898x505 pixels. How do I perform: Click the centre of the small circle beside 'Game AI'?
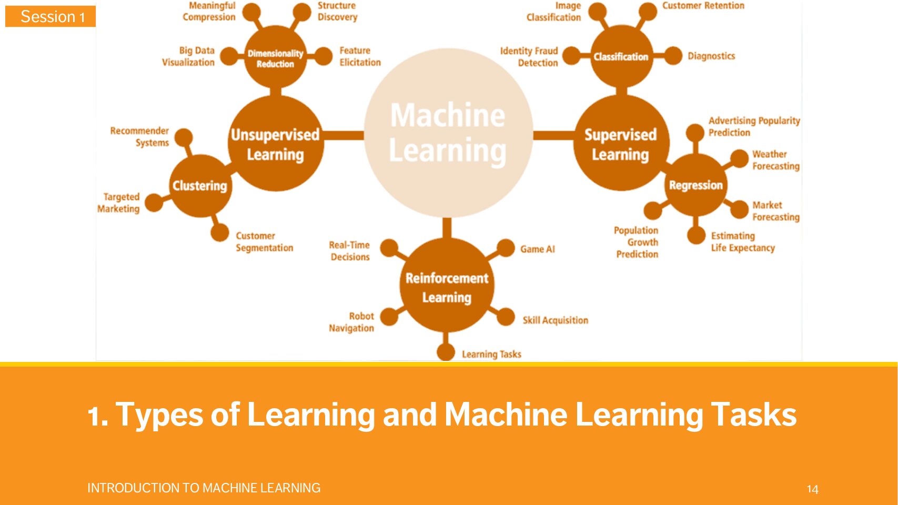coord(506,248)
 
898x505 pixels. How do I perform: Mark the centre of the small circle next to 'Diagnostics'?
coord(673,56)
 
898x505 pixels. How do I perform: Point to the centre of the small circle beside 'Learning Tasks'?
coord(446,352)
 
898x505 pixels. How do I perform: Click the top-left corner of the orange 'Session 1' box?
coord(5,6)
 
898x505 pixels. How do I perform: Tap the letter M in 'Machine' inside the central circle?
coord(403,115)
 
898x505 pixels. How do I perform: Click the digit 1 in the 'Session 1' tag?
coord(82,17)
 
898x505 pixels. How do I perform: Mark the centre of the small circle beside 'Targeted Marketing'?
coord(154,203)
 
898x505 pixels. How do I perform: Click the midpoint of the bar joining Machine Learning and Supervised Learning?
coord(554,136)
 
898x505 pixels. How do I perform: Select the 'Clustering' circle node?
coord(200,186)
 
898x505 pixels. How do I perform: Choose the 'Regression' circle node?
coord(695,185)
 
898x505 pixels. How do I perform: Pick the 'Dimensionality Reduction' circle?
coord(276,57)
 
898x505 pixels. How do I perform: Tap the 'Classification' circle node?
coord(621,56)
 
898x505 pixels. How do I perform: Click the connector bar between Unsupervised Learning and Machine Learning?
coord(344,136)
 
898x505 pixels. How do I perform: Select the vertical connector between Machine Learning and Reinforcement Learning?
coord(447,228)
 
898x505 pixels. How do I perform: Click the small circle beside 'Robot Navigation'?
coord(389,317)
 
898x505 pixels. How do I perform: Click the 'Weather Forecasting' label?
coord(776,160)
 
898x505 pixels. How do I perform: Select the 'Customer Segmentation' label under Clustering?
coord(264,241)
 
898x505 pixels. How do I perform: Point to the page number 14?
coord(813,489)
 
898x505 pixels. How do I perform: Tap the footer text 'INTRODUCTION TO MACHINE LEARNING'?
coord(204,488)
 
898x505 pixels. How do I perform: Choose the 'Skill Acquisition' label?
coord(555,320)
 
